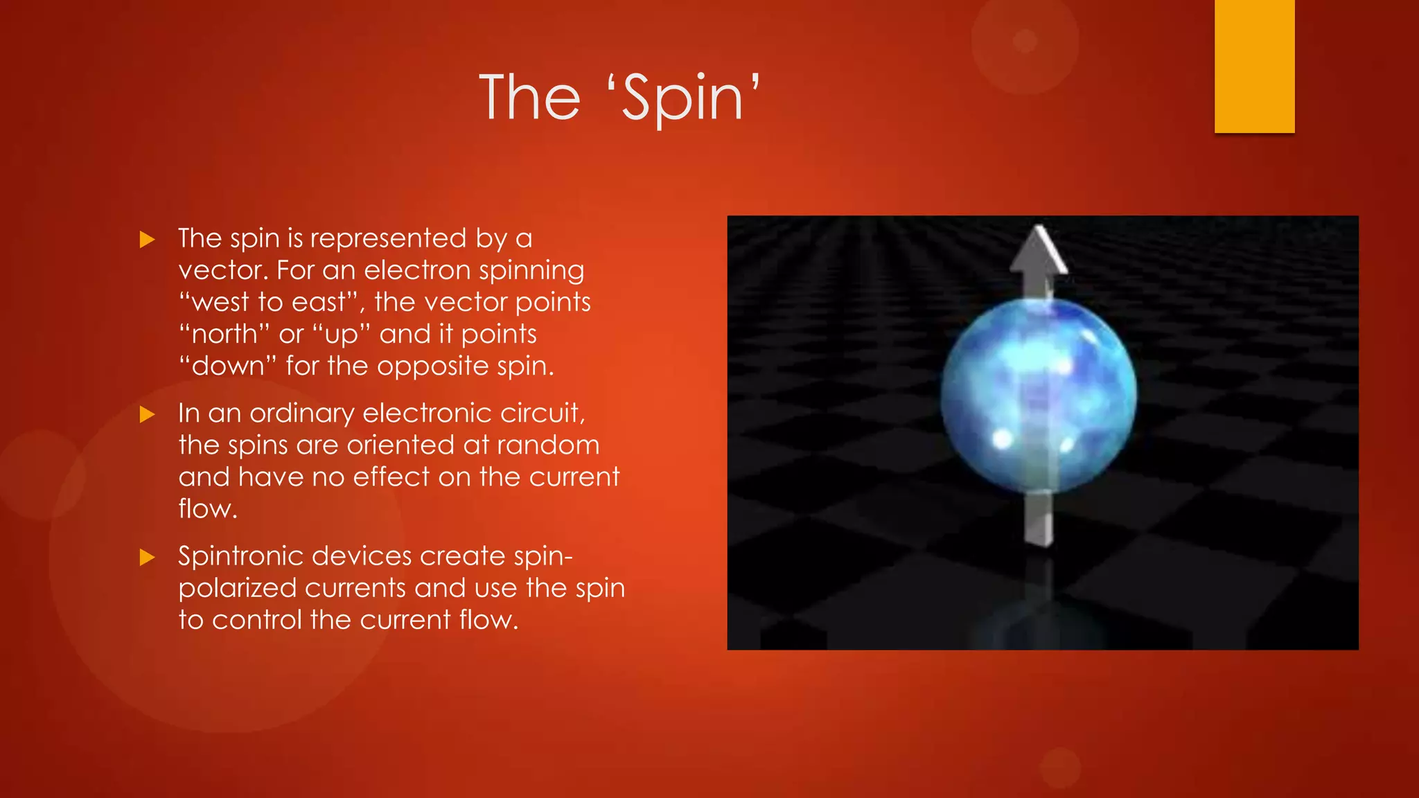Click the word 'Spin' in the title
[682, 99]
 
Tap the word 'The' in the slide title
[529, 98]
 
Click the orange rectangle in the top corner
[1254, 66]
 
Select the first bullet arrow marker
[147, 240]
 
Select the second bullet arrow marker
[147, 414]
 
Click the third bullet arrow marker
[147, 558]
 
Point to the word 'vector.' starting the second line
[223, 271]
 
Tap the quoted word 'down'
[228, 366]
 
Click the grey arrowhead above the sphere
[1038, 254]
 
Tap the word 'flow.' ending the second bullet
[207, 509]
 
